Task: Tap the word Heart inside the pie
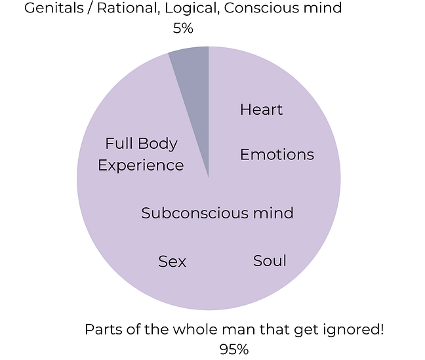point(261,110)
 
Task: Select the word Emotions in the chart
point(277,155)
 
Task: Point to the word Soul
point(270,260)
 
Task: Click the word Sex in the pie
point(172,262)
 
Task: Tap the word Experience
point(140,165)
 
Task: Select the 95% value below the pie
point(234,350)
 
